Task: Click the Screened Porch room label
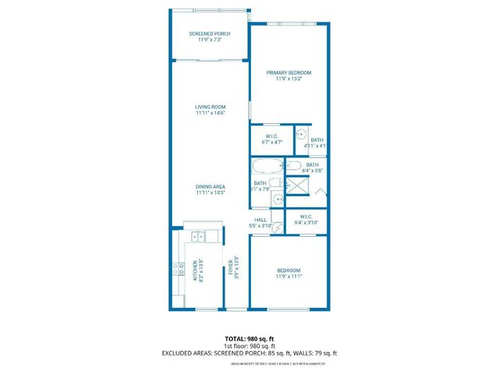pyautogui.click(x=211, y=34)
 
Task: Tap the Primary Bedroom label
pyautogui.click(x=288, y=73)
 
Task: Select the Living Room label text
pyautogui.click(x=211, y=107)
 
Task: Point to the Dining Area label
pyautogui.click(x=211, y=187)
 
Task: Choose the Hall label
pyautogui.click(x=261, y=220)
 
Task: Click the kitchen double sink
pyautogui.click(x=199, y=235)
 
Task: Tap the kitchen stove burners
pyautogui.click(x=177, y=271)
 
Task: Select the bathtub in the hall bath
pyautogui.click(x=267, y=166)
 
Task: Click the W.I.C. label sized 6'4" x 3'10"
pyautogui.click(x=305, y=218)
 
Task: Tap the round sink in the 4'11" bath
pyautogui.click(x=300, y=133)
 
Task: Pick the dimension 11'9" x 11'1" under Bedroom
pyautogui.click(x=288, y=276)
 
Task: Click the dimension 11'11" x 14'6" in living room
pyautogui.click(x=211, y=114)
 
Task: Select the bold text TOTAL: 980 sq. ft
pyautogui.click(x=249, y=339)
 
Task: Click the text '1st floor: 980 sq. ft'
pyautogui.click(x=249, y=346)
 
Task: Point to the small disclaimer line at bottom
pyautogui.click(x=249, y=363)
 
